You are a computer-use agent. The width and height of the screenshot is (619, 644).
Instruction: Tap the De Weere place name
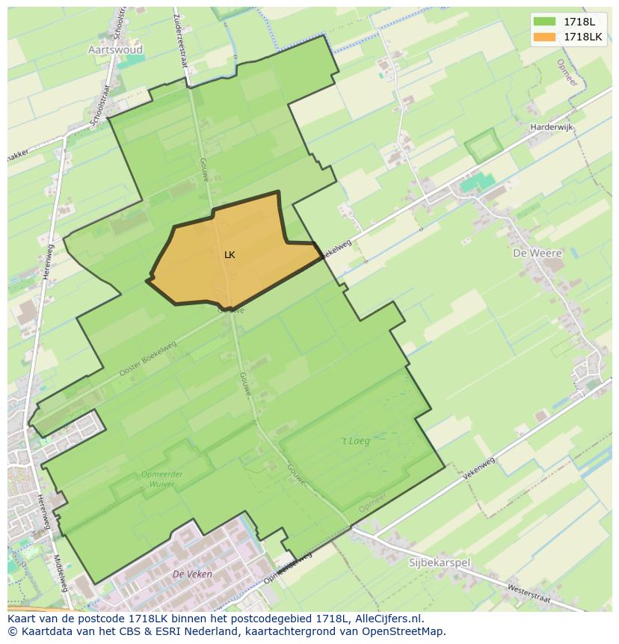(537, 254)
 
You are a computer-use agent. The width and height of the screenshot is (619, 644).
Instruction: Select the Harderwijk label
(551, 127)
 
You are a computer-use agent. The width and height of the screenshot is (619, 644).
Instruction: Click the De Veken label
(192, 574)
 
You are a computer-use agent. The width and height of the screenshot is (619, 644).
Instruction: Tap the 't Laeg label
(355, 441)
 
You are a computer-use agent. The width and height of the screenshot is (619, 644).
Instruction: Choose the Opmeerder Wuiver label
(158, 479)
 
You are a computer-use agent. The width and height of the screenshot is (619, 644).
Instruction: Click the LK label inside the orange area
(230, 255)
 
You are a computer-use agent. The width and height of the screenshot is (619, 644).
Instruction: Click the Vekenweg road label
(479, 468)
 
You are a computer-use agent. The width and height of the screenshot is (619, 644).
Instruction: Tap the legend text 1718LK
(582, 37)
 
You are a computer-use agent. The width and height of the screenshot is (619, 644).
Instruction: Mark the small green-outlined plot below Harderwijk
(481, 146)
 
